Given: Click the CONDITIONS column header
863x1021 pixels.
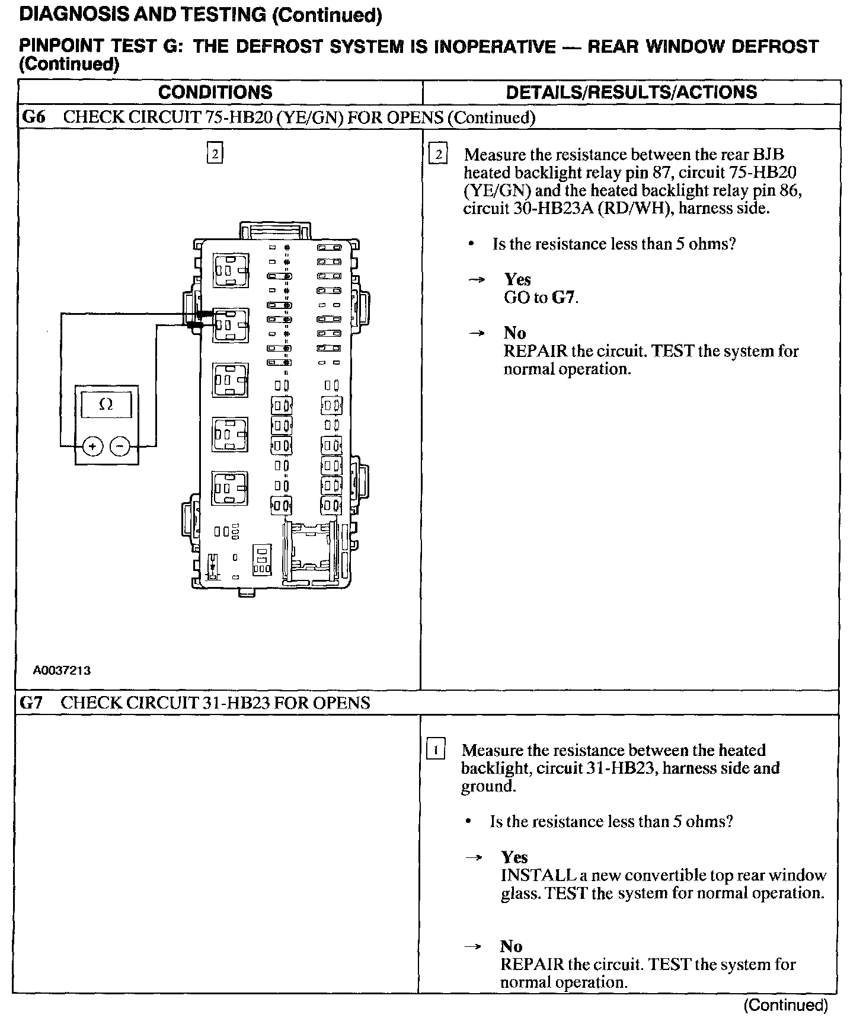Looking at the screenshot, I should coord(215,92).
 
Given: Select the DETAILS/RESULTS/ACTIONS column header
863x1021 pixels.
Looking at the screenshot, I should coord(631,92).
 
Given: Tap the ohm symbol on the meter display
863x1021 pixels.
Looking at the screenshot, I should coord(106,405).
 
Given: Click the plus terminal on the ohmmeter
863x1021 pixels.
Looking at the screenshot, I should coord(92,445).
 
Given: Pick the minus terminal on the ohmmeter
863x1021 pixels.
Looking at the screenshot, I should coord(120,445).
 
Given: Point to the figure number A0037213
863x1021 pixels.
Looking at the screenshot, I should coord(62,671).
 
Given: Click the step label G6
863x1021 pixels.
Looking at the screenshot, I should coord(33,117).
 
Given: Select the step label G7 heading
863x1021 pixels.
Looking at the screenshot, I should coord(31,703).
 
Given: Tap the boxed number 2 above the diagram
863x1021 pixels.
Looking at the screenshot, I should coord(214,154).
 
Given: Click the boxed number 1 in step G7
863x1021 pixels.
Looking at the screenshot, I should coord(436,750).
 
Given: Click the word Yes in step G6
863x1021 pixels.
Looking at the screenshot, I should coord(517,279).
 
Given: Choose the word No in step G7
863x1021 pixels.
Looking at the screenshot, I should coord(511,946).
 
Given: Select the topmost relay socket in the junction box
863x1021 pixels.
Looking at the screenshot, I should coord(231,270).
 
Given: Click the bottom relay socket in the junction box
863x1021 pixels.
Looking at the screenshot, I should coord(231,488).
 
